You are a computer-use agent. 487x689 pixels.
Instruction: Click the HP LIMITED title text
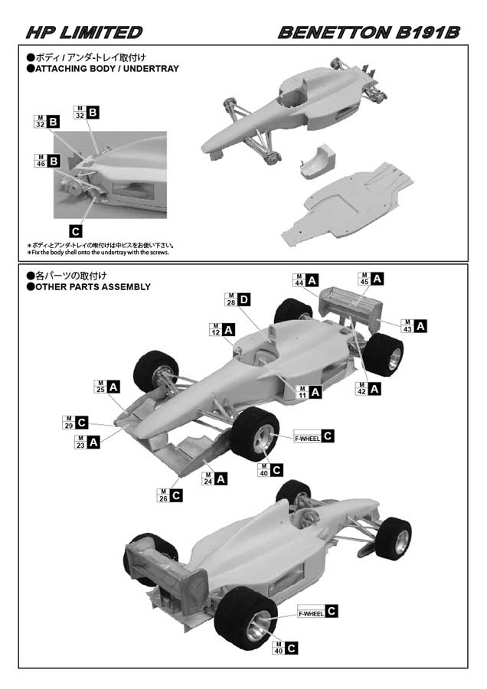tap(83, 32)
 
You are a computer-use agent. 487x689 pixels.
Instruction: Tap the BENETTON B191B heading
tap(368, 32)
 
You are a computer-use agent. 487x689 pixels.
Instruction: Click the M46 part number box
tap(41, 162)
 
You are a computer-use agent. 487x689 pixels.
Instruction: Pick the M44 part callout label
tap(299, 280)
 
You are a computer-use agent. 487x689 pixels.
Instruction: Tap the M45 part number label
tap(364, 280)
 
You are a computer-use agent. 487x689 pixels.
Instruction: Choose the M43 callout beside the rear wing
tap(407, 325)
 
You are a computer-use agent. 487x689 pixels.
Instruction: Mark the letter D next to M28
tap(243, 300)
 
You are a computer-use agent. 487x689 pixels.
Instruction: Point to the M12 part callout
tap(215, 330)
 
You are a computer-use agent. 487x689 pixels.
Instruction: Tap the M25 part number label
tap(100, 387)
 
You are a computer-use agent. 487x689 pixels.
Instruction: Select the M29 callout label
tap(68, 422)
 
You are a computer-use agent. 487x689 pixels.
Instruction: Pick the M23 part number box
tap(80, 442)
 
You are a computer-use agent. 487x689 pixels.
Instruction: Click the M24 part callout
tap(207, 479)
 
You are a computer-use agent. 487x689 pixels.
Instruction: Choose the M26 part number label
tap(162, 495)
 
